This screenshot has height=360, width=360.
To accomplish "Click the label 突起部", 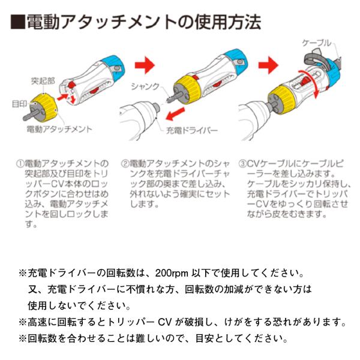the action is (43, 80).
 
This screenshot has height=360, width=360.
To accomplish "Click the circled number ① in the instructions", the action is (20, 163).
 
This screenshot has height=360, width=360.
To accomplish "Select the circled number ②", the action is (125, 163).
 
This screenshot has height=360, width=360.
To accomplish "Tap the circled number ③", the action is (243, 163).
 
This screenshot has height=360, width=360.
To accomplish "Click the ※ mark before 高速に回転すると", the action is (23, 322).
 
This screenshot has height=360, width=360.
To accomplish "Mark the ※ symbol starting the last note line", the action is (23, 338).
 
